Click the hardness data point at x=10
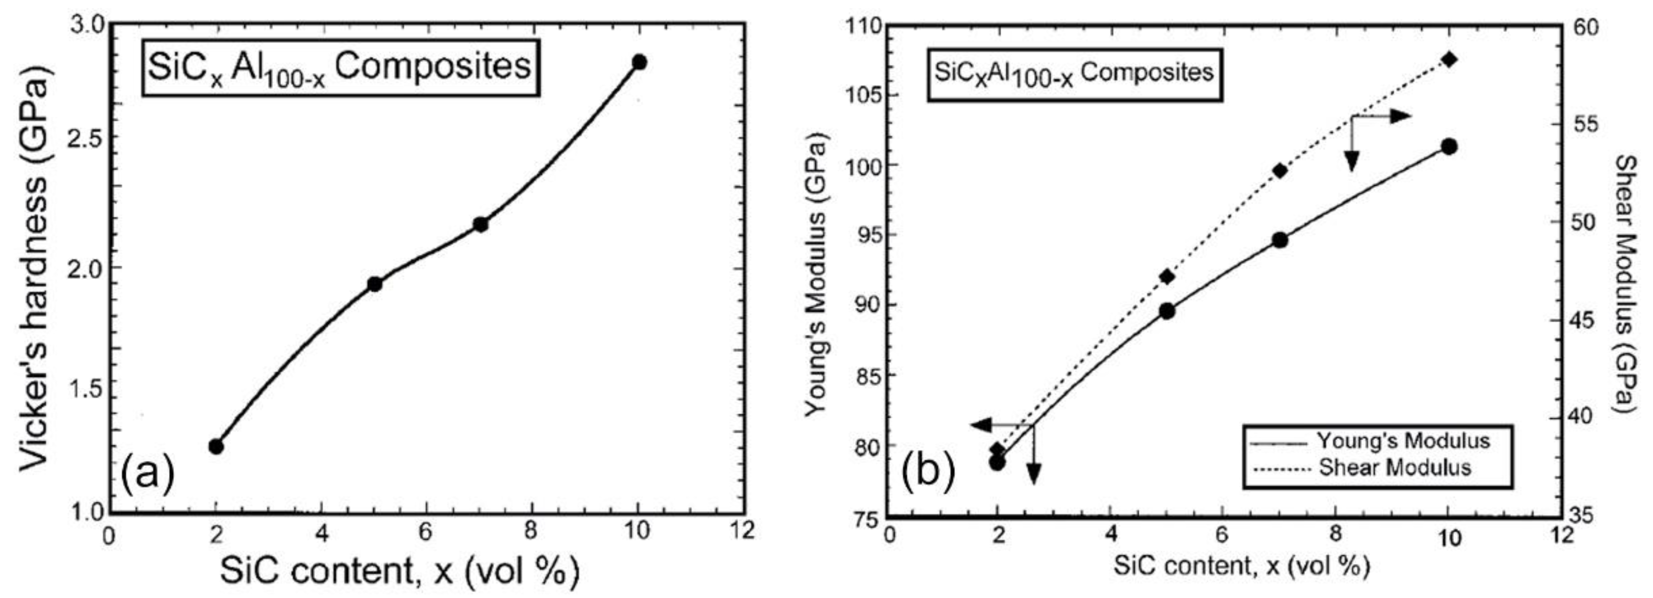[x=639, y=63]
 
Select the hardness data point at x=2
[x=216, y=446]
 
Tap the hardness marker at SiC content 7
[x=480, y=224]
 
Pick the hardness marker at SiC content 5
[x=374, y=284]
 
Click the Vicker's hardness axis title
[x=33, y=269]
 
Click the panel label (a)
[x=147, y=474]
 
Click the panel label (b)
[x=928, y=472]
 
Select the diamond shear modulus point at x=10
[x=1449, y=60]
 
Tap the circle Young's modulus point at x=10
[x=1449, y=147]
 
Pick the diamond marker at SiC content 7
[x=1279, y=171]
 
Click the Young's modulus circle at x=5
[x=1166, y=311]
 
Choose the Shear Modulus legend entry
[x=1394, y=467]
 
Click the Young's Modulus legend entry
[x=1402, y=441]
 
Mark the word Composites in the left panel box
[x=433, y=66]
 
